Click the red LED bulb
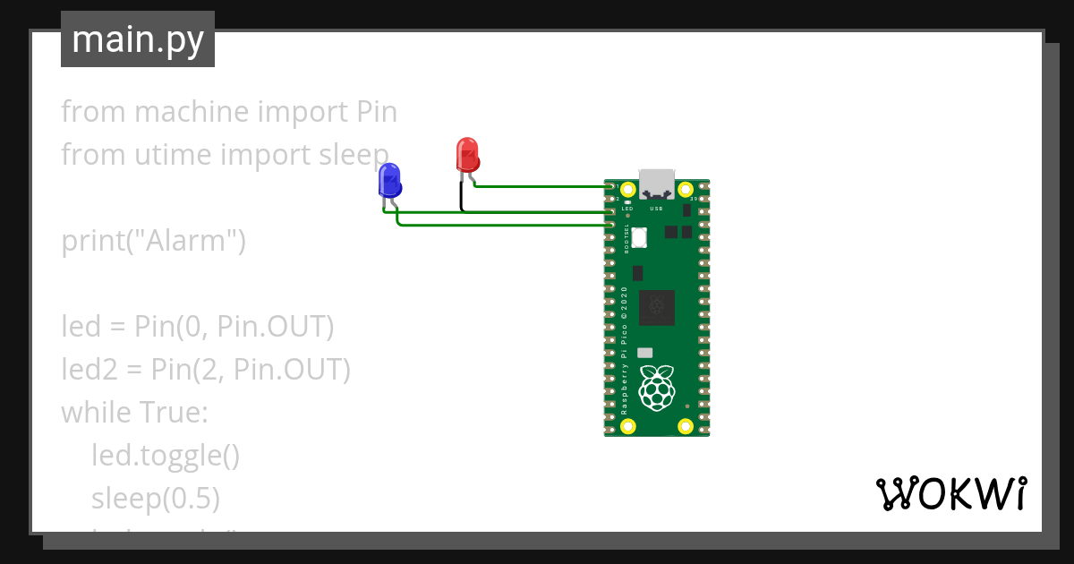pyautogui.click(x=467, y=154)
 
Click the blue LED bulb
pyautogui.click(x=389, y=180)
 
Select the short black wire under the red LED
pyautogui.click(x=462, y=197)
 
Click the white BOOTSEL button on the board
pyautogui.click(x=640, y=237)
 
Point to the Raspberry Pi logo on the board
pyautogui.click(x=657, y=387)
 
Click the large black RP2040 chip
pyautogui.click(x=663, y=306)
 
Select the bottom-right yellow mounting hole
pyautogui.click(x=686, y=426)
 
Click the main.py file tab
pyautogui.click(x=138, y=39)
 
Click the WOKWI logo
pyautogui.click(x=950, y=493)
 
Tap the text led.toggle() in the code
pyautogui.click(x=166, y=456)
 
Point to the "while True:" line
pyautogui.click(x=134, y=413)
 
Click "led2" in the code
pyautogui.click(x=86, y=370)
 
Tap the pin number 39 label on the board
pyautogui.click(x=695, y=199)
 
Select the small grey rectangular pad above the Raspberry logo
pyautogui.click(x=645, y=353)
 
